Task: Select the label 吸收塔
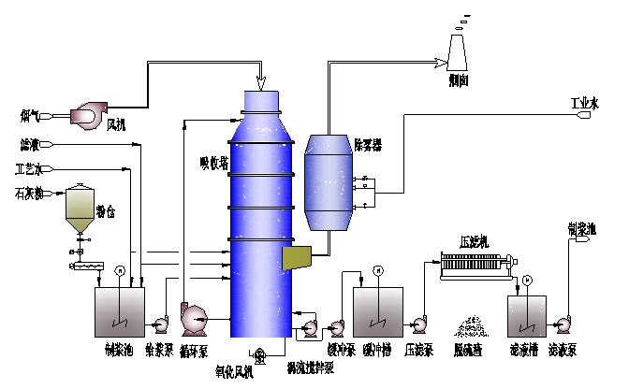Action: pos(214,162)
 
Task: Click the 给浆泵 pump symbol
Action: pos(159,324)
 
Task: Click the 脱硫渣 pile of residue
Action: pos(468,327)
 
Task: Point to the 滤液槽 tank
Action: pos(527,315)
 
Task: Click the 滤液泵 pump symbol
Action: pos(563,324)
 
